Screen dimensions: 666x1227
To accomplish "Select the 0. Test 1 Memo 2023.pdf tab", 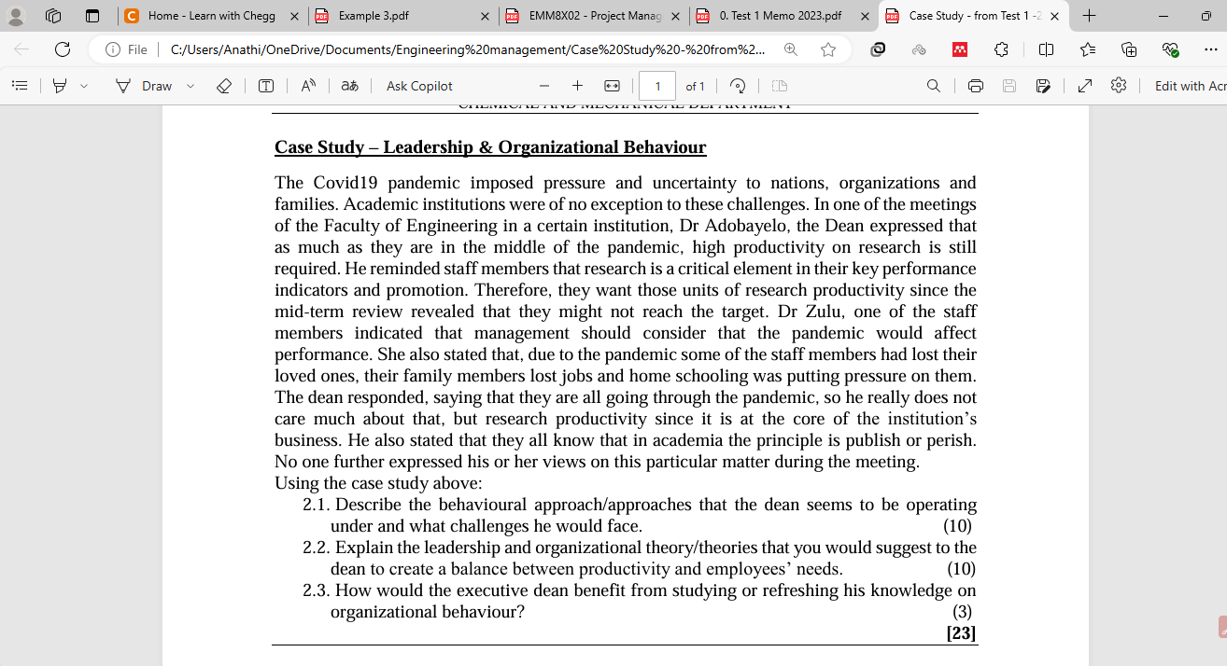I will (780, 16).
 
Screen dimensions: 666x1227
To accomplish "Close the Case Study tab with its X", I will (1054, 16).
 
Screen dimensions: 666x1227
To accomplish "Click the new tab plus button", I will (1089, 16).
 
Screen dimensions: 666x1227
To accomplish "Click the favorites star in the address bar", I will (828, 49).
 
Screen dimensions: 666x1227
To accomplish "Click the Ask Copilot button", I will (419, 86).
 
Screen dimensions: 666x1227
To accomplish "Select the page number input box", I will (657, 86).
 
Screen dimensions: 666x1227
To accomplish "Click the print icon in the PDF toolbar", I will (976, 86).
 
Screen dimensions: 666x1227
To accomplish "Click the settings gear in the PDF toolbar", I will (1119, 86).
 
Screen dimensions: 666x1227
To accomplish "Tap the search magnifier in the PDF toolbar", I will (933, 86).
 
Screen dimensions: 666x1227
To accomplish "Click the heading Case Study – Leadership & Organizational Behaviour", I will (490, 147).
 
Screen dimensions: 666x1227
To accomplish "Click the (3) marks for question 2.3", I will (962, 612).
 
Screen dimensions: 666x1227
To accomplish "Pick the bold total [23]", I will (961, 632).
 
